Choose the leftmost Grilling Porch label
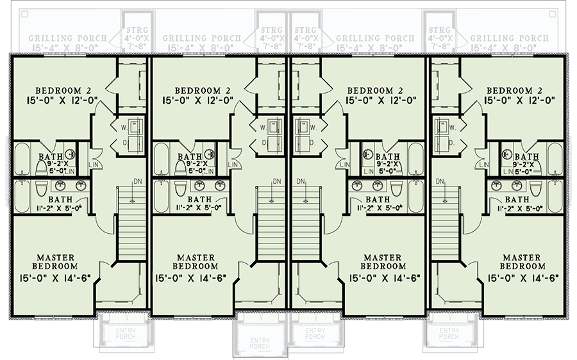(x=63, y=38)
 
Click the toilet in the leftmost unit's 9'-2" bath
(x=41, y=167)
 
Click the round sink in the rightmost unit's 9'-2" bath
(x=508, y=154)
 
